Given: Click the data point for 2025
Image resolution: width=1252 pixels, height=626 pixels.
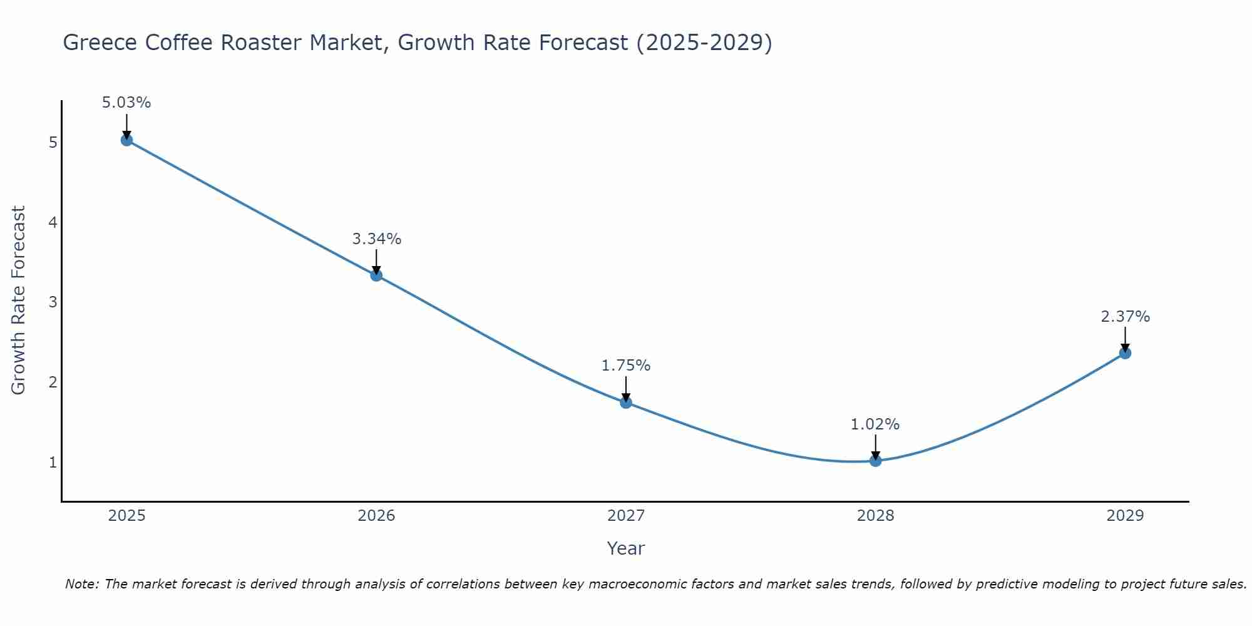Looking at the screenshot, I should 126,140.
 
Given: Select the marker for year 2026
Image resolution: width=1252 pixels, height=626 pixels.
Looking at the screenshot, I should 376,275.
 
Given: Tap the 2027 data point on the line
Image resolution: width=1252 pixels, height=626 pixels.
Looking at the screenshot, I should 626,403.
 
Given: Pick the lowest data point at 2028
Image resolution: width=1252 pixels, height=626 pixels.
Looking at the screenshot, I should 875,461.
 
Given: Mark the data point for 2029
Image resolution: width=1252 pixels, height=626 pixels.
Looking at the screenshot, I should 1125,353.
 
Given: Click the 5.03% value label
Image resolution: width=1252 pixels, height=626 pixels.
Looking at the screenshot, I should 126,103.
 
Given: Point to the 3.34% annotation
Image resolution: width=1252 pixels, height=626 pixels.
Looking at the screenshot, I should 376,239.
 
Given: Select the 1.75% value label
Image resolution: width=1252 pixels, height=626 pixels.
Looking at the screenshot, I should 626,366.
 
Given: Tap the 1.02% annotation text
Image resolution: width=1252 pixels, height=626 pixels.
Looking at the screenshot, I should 875,424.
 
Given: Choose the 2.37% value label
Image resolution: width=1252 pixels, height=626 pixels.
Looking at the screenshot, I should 1125,317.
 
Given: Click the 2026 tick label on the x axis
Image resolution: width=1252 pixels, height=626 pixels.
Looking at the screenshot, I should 376,516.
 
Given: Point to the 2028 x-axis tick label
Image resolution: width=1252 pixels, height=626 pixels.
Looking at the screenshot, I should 875,516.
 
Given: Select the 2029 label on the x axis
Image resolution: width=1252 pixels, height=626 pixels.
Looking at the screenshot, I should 1125,516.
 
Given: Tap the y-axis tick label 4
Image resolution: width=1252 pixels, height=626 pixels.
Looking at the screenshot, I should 53,223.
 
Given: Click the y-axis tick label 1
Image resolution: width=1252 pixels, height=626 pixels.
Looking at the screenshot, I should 53,463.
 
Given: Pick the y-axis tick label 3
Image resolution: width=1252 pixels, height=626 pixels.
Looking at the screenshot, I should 53,302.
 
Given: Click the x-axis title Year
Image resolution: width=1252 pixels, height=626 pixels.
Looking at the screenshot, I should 625,548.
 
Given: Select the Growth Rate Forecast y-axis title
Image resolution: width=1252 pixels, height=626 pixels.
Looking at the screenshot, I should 19,300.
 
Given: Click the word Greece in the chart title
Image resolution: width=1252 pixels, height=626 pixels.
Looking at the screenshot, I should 100,43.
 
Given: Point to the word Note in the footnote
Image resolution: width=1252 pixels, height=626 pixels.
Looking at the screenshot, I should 81,584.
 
